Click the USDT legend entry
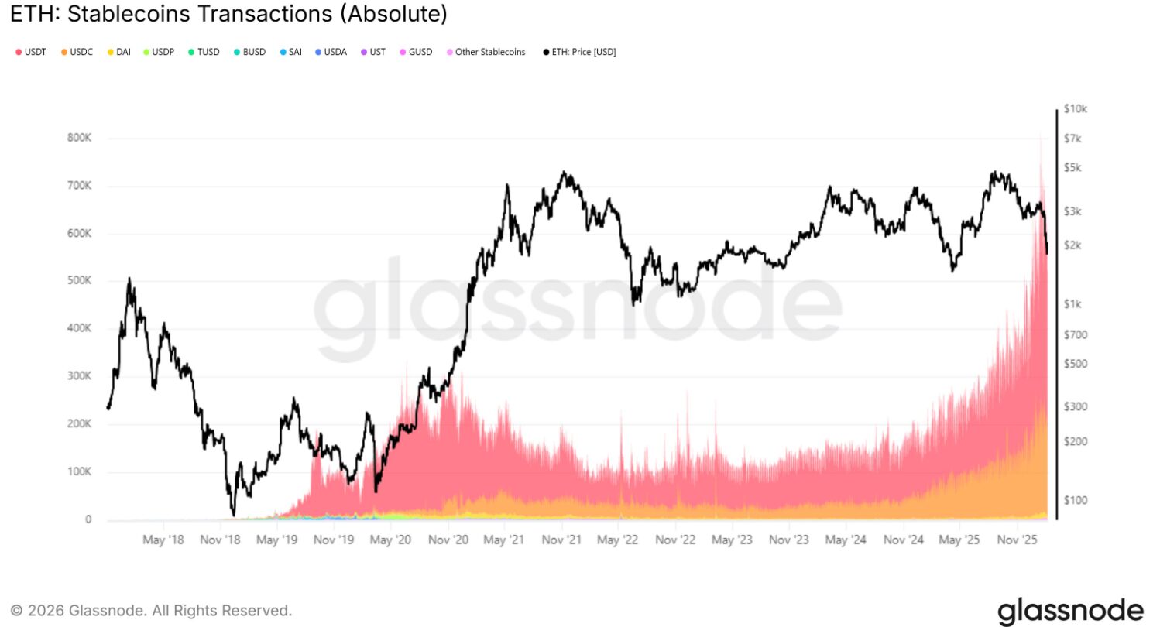click(30, 52)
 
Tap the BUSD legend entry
click(249, 52)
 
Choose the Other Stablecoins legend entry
click(486, 52)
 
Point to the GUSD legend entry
click(416, 52)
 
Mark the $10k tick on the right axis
click(1075, 109)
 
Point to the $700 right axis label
click(1075, 335)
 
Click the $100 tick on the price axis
click(1075, 500)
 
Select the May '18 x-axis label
click(163, 539)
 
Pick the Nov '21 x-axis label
click(562, 539)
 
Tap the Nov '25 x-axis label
click(1018, 539)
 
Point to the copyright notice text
click(151, 610)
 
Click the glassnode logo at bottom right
click(1069, 610)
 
